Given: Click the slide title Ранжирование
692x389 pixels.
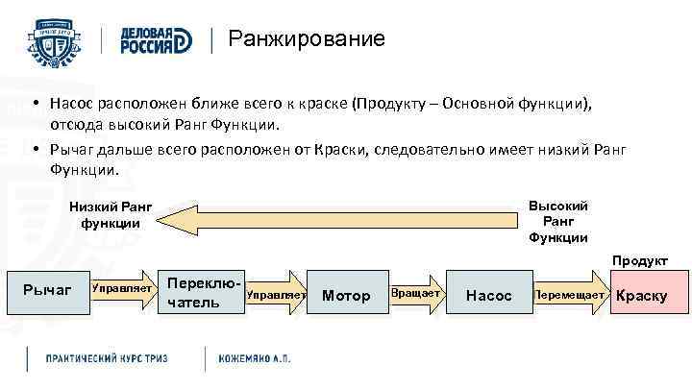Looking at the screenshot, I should tap(306, 39).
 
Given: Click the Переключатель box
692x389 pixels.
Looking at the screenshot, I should tap(196, 294).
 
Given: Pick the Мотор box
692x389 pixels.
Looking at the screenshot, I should tap(345, 295).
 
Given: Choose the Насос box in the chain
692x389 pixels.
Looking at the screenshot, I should tap(488, 295).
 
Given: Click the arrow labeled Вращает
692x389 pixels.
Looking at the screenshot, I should tap(415, 293).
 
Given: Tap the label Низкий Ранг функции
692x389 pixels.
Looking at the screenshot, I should tap(111, 215).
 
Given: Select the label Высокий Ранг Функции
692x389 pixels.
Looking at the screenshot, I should tap(557, 221).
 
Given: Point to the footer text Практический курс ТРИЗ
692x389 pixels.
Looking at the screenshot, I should tap(107, 357).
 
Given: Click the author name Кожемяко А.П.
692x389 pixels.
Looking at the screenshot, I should tap(254, 357).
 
